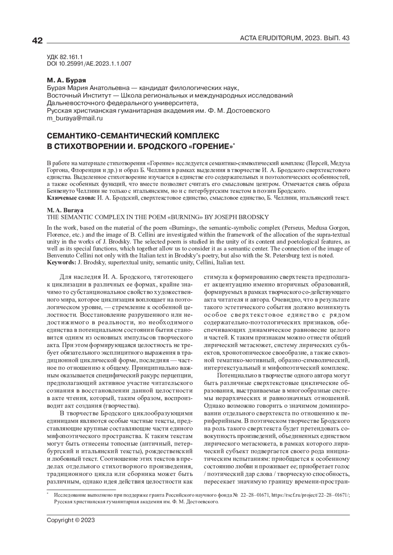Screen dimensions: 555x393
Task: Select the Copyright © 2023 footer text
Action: tap(71, 520)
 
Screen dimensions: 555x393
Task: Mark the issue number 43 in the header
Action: tap(346, 38)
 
